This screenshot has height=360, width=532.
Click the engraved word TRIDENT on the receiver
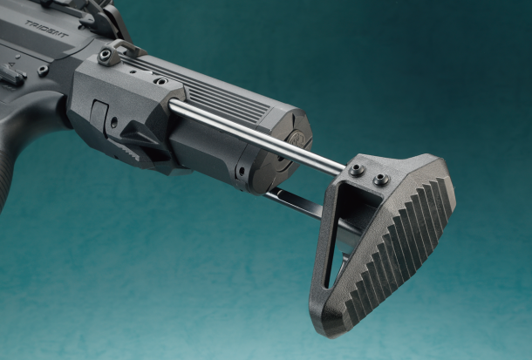coord(46,29)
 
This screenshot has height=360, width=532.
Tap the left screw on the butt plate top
coord(357,169)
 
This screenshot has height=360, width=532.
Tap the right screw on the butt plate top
coord(381,179)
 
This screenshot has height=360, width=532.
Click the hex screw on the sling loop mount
coord(106,54)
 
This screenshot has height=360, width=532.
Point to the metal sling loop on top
coord(125,47)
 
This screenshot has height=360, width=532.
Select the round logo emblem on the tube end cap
coord(296,138)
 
